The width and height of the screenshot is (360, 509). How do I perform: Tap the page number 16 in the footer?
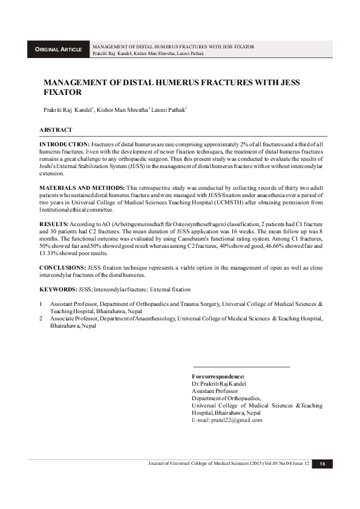point(322,464)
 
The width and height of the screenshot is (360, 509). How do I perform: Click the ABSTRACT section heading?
point(56,130)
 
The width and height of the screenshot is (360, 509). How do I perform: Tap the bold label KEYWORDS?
point(58,290)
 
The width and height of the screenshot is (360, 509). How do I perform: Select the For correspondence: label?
point(218,377)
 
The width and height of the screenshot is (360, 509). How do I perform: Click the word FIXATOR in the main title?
point(62,93)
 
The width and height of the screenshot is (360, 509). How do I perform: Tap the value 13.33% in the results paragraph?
point(49,253)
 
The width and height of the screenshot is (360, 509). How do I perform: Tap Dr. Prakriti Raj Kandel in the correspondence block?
point(219,383)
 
